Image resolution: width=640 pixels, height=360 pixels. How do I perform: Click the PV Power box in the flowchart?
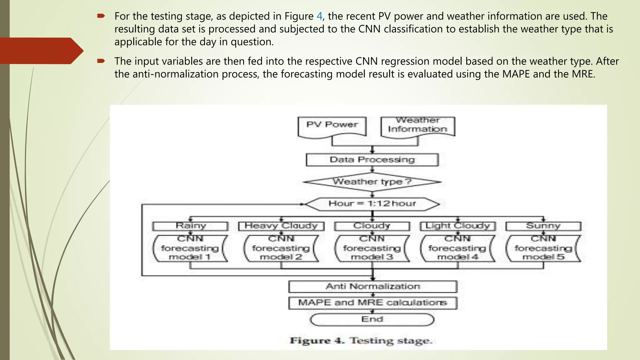(x=332, y=126)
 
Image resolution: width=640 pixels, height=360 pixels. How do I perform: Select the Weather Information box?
(x=417, y=126)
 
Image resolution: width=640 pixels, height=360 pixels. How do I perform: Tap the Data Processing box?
(x=372, y=160)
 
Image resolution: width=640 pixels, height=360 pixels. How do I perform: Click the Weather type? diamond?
(x=372, y=182)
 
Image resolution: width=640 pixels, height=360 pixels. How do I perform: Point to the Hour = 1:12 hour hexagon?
(x=372, y=204)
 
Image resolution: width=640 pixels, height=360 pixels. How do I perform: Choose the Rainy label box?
(x=190, y=226)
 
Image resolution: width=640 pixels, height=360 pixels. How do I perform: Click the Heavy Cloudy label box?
(x=281, y=226)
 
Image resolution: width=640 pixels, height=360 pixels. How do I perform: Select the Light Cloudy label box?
(x=458, y=226)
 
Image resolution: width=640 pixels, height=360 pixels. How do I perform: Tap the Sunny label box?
(x=543, y=226)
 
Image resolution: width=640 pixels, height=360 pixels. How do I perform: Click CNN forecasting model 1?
(x=190, y=248)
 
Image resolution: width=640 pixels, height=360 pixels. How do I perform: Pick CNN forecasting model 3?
(x=372, y=248)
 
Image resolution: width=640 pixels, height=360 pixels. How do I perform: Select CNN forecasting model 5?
(x=543, y=248)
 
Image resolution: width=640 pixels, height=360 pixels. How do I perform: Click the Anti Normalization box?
(x=372, y=287)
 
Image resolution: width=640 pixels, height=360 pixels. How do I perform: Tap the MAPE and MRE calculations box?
(x=372, y=303)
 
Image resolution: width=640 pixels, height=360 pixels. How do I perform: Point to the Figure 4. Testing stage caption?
(x=361, y=341)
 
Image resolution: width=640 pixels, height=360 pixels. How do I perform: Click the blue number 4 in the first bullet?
(x=319, y=16)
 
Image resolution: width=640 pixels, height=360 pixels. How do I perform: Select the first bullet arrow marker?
(x=101, y=16)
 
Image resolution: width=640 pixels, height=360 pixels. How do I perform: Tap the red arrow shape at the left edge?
(x=41, y=51)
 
